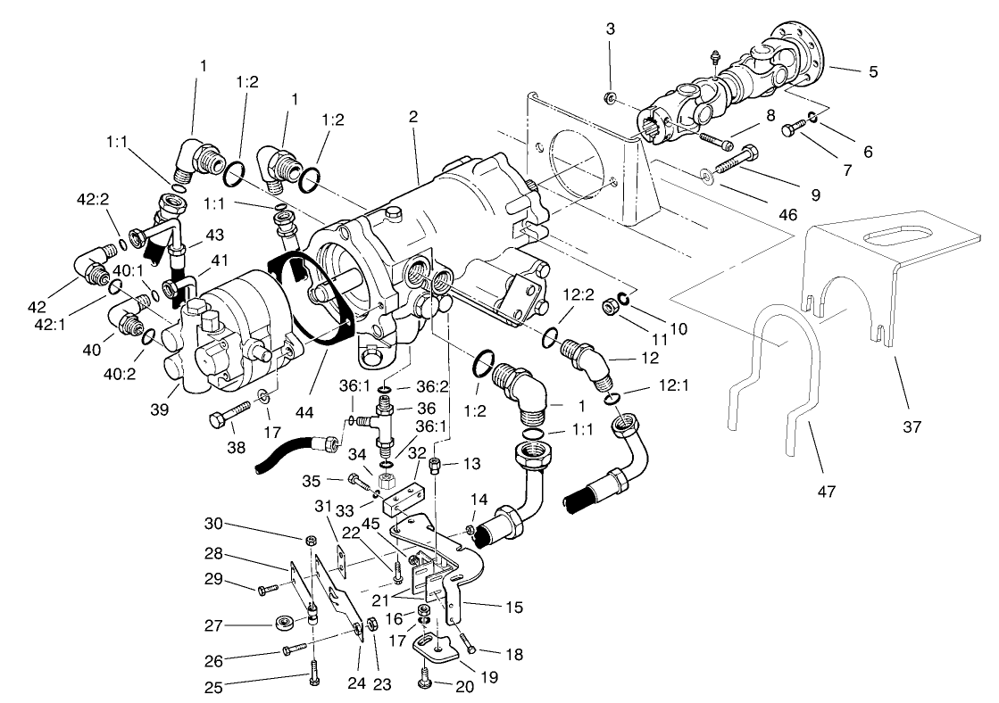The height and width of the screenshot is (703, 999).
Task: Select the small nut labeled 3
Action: (609, 95)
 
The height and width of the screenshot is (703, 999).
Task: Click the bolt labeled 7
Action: (789, 130)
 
